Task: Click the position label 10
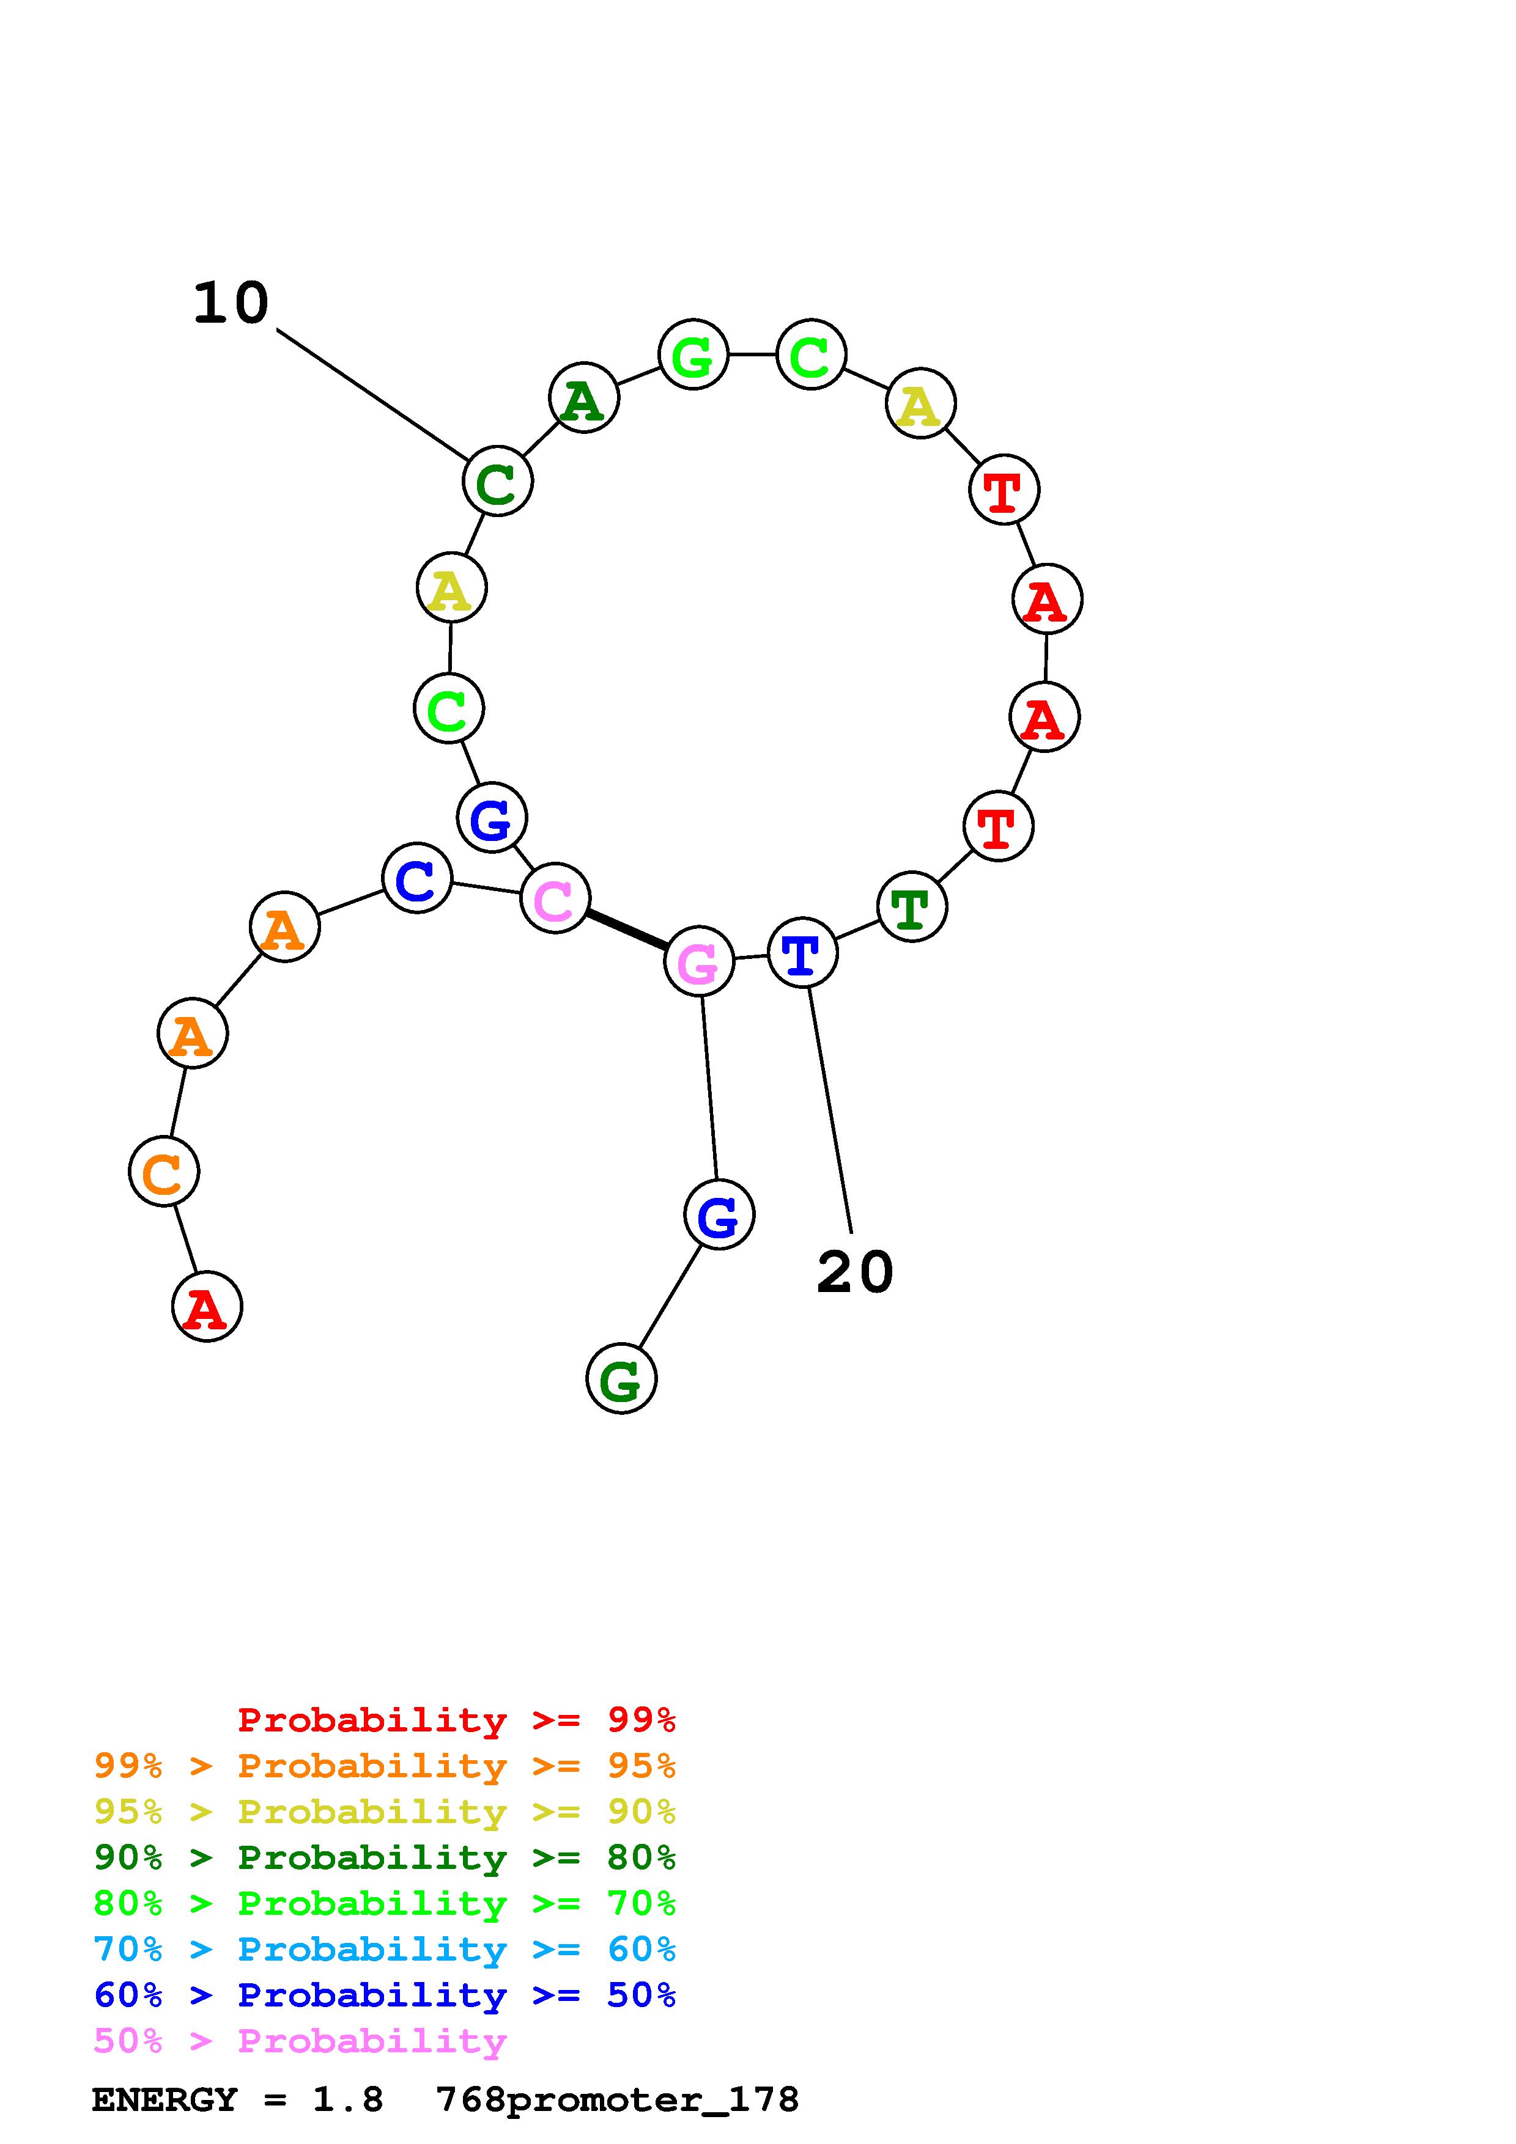pos(231,304)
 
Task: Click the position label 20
pos(855,1272)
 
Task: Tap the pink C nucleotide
pos(555,898)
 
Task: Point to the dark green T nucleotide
pos(912,907)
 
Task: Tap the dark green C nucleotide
pos(498,481)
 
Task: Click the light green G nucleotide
pos(693,355)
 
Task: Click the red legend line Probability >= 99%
pos(457,1720)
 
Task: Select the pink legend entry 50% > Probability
pos(300,2041)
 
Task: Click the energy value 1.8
pos(347,2100)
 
